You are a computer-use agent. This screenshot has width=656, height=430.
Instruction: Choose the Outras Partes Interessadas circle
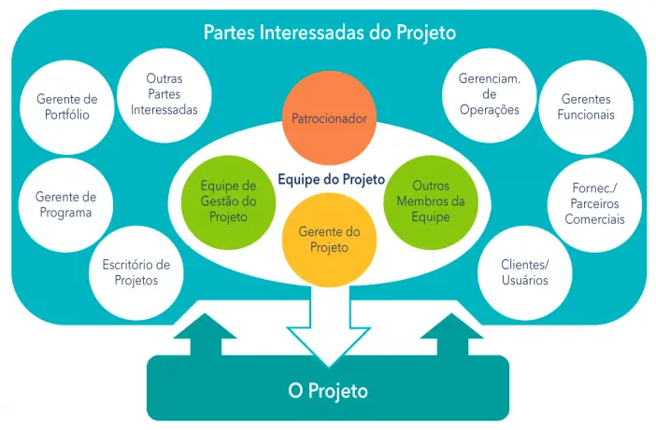coord(164,95)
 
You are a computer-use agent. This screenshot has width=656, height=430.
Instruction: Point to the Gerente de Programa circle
coord(65,204)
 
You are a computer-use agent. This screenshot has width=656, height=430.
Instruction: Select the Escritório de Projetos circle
coord(135,271)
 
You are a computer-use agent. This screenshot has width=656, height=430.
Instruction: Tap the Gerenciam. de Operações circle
coord(489,95)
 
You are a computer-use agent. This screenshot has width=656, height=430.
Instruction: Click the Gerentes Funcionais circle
coord(586,107)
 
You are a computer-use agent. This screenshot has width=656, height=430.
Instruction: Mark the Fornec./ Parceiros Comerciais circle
coord(594,204)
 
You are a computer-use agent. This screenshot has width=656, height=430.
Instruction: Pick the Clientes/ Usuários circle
coord(524,271)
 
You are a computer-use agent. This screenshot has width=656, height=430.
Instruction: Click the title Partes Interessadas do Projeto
coord(329,33)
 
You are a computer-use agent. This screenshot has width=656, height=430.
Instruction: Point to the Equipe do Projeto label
coord(331,177)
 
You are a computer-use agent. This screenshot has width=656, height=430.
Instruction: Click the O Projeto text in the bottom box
coord(327,391)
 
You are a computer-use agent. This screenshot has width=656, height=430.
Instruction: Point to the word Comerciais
coord(594,219)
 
